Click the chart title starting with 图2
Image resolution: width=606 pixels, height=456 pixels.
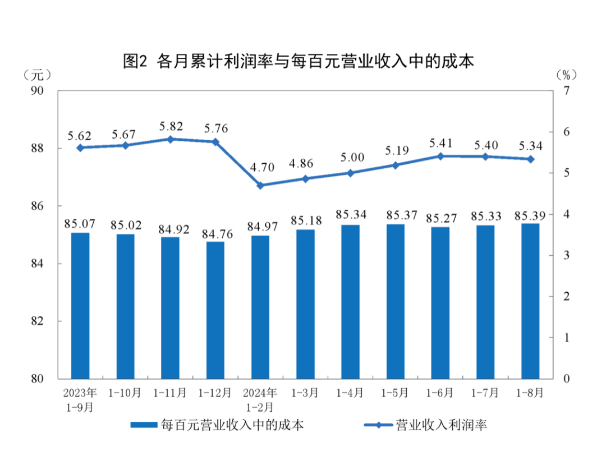[298, 61]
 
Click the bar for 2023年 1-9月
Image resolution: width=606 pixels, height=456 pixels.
[80, 305]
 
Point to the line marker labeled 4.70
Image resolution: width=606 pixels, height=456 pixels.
[260, 185]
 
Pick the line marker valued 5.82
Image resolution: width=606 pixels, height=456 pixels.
[170, 139]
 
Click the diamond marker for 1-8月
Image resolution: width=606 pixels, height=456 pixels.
[530, 159]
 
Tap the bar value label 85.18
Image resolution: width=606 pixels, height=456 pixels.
[305, 220]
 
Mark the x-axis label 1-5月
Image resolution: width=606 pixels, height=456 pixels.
[395, 393]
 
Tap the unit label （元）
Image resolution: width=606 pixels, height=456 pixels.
[38, 74]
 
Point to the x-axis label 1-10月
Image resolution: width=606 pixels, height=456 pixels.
[125, 393]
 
